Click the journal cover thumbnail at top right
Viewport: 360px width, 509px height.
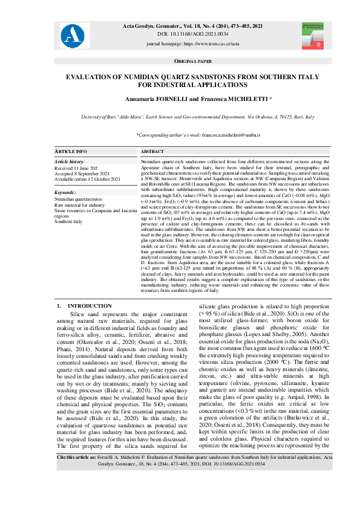pyautogui.click(x=314, y=35)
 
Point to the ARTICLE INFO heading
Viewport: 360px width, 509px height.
pyautogui.click(x=71, y=151)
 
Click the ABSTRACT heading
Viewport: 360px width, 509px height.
pyautogui.click(x=152, y=151)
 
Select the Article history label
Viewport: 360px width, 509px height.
pyautogui.click(x=70, y=162)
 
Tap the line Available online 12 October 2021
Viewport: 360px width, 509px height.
pyautogui.click(x=87, y=180)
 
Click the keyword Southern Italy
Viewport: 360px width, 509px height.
pyautogui.click(x=69, y=222)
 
